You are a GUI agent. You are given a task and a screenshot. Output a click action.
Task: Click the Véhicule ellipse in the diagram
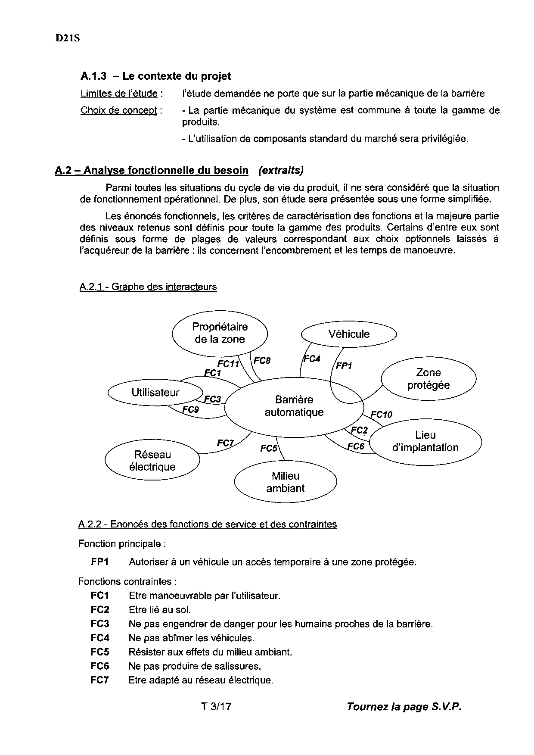[x=349, y=334]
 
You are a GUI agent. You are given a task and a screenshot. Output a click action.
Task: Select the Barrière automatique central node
[x=294, y=406]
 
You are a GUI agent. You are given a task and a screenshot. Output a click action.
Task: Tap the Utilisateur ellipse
[x=155, y=393]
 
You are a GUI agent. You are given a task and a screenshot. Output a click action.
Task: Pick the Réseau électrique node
[x=152, y=461]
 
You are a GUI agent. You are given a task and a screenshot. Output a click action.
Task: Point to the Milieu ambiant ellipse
[x=286, y=482]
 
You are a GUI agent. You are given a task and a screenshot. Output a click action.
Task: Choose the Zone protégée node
[x=428, y=379]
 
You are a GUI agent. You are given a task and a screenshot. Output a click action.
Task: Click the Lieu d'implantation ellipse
[x=425, y=441]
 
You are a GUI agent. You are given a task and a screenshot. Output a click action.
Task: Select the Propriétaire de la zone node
[x=220, y=333]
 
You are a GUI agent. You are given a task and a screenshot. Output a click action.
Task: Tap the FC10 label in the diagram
[x=381, y=415]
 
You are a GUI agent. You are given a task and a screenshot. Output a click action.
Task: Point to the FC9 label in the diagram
[x=191, y=409]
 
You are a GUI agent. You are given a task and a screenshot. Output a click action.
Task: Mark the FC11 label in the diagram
[x=228, y=364]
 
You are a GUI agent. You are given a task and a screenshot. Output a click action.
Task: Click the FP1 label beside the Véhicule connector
[x=344, y=366]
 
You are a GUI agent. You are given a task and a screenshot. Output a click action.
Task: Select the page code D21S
[x=68, y=38]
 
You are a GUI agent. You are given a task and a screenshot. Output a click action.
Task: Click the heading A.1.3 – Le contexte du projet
[x=155, y=76]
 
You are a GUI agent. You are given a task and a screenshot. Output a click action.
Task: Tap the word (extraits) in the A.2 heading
[x=281, y=170]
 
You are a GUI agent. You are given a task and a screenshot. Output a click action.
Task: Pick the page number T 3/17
[x=216, y=707]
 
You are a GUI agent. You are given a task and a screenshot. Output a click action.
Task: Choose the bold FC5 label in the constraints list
[x=100, y=652]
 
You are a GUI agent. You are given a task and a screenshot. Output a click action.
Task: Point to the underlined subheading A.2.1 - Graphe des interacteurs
[x=148, y=287]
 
